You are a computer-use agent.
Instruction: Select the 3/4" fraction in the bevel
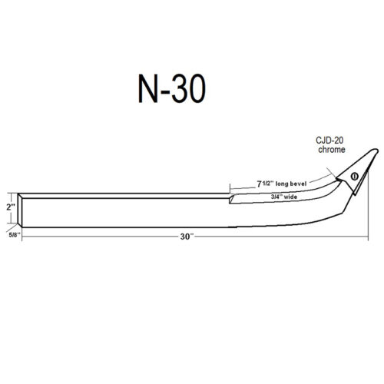pyautogui.click(x=277, y=197)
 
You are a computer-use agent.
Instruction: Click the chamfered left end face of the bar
pyautogui.click(x=22, y=207)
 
